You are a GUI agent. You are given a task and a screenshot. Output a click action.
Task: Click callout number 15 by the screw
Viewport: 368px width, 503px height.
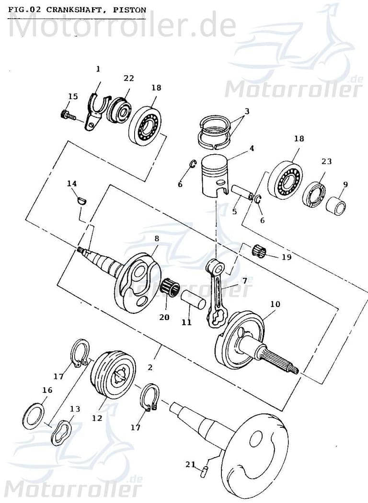click(x=73, y=97)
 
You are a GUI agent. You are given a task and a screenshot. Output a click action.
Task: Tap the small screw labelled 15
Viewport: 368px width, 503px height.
click(x=67, y=115)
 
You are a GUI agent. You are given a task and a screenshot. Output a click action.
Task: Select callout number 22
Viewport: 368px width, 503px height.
click(x=128, y=79)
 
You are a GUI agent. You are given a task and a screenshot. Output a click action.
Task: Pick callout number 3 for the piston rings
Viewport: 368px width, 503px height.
click(x=247, y=112)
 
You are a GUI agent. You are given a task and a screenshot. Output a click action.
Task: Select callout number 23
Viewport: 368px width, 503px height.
click(x=326, y=161)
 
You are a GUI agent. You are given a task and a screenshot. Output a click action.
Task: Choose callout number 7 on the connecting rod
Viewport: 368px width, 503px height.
click(x=244, y=280)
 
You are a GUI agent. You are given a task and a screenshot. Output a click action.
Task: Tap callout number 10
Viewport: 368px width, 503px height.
click(x=275, y=304)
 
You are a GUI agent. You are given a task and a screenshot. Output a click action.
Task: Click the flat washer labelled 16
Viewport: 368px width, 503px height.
click(x=34, y=415)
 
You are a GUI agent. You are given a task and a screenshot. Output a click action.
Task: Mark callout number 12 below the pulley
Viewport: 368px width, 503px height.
click(x=97, y=418)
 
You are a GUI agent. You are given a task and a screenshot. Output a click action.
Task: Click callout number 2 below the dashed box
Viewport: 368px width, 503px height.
click(x=150, y=368)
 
